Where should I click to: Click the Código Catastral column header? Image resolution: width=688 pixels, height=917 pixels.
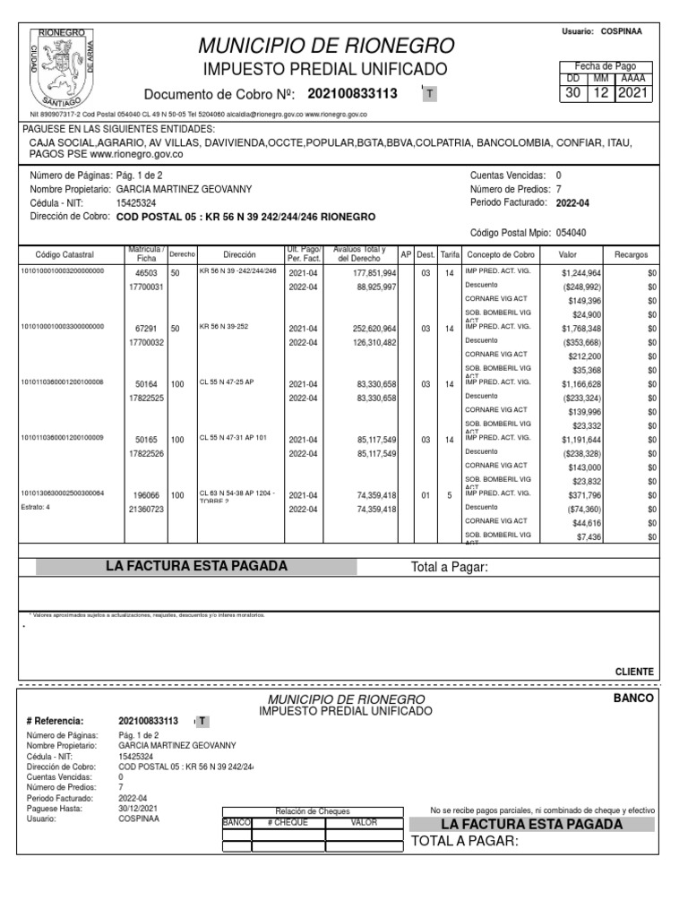click(63, 254)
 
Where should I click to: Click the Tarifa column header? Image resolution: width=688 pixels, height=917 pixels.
click(450, 254)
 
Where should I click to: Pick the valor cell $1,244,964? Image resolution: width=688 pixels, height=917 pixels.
click(581, 271)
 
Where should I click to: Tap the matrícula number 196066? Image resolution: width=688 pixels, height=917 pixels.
click(147, 495)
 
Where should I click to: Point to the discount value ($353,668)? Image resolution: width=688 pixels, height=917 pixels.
click(582, 342)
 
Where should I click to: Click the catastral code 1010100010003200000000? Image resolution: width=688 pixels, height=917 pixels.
click(63, 270)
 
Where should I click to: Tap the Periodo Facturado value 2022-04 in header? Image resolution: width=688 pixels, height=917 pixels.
click(572, 203)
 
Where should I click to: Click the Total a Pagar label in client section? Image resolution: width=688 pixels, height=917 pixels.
click(449, 567)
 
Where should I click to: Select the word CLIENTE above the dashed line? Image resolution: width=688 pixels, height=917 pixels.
click(634, 672)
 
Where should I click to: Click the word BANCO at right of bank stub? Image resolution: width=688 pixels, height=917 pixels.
click(634, 698)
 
